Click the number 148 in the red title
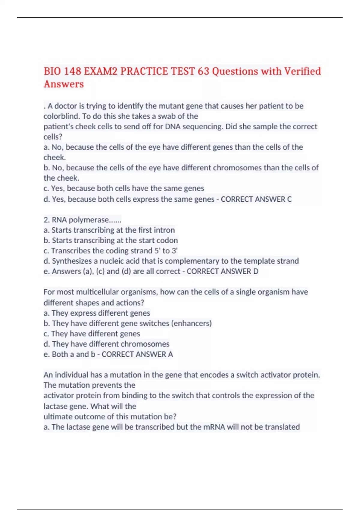click(x=72, y=71)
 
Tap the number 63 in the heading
click(x=203, y=71)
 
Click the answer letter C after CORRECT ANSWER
click(x=289, y=199)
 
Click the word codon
click(x=169, y=240)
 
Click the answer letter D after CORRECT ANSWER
click(x=256, y=271)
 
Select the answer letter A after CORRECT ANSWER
click(x=170, y=354)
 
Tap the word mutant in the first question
click(x=171, y=106)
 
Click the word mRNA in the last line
click(x=214, y=427)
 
